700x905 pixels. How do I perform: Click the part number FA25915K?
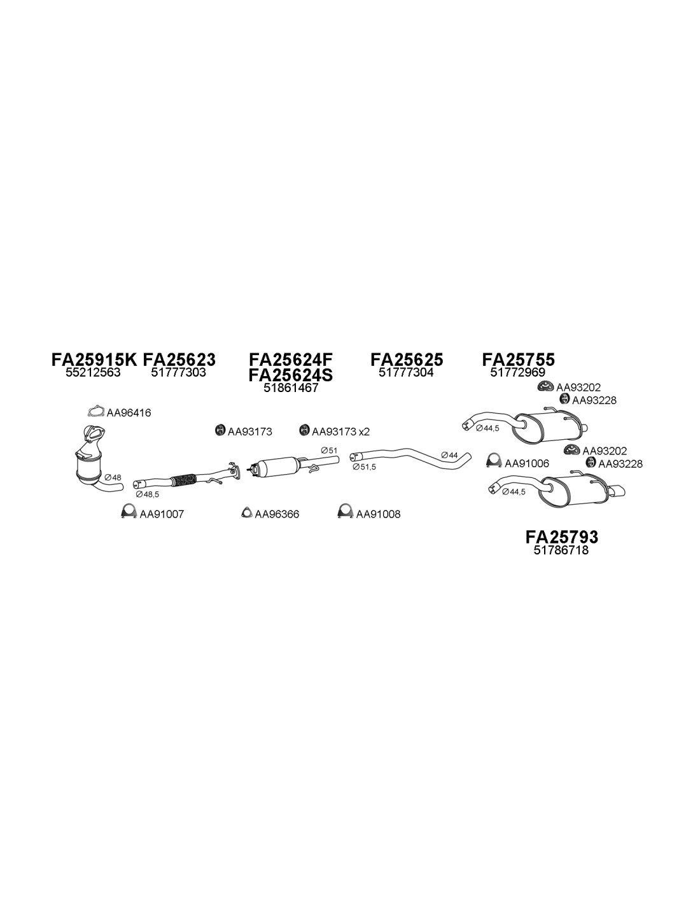pyautogui.click(x=94, y=360)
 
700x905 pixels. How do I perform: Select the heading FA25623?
pyautogui.click(x=179, y=360)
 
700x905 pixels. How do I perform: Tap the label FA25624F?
pyautogui.click(x=291, y=360)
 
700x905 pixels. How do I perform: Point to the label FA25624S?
pyautogui.click(x=291, y=375)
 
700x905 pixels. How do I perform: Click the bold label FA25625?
pyautogui.click(x=407, y=360)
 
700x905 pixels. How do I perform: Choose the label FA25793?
pyautogui.click(x=562, y=537)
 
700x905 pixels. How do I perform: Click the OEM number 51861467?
pyautogui.click(x=291, y=388)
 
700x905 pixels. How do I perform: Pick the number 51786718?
pyautogui.click(x=561, y=550)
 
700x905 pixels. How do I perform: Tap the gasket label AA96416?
pyautogui.click(x=129, y=413)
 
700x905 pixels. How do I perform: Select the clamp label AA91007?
pyautogui.click(x=162, y=514)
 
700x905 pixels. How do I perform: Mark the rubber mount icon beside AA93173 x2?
pyautogui.click(x=304, y=431)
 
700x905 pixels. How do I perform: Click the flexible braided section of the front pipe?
pyautogui.click(x=183, y=479)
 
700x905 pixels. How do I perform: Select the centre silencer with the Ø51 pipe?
pyautogui.click(x=277, y=467)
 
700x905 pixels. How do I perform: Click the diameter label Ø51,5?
pyautogui.click(x=365, y=467)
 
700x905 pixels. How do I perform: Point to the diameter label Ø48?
pyautogui.click(x=113, y=477)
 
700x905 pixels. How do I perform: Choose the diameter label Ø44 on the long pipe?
pyautogui.click(x=450, y=455)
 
